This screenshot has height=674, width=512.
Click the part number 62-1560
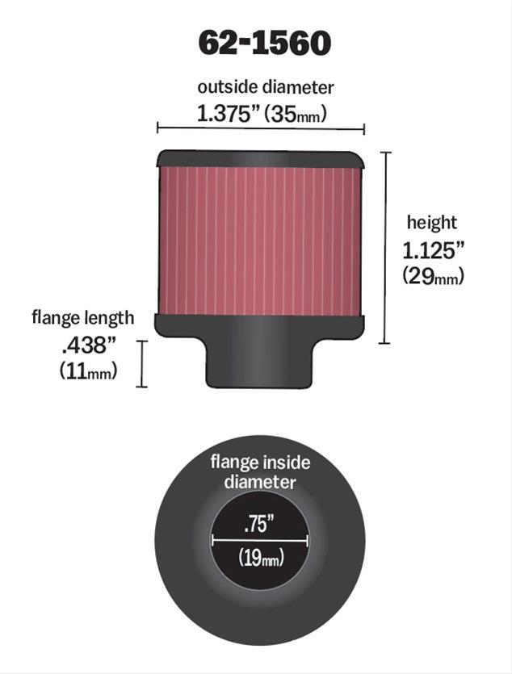tap(264, 44)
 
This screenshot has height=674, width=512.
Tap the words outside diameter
tap(265, 87)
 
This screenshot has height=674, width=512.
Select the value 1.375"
tap(229, 114)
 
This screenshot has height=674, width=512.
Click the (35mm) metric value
tap(296, 115)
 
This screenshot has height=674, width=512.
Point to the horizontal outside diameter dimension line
tap(261, 128)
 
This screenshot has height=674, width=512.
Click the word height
tap(432, 223)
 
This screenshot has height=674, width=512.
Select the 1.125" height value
tap(434, 250)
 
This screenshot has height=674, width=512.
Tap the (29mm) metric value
tap(434, 275)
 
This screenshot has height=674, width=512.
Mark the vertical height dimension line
tap(385, 248)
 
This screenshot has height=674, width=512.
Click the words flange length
tap(83, 318)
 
